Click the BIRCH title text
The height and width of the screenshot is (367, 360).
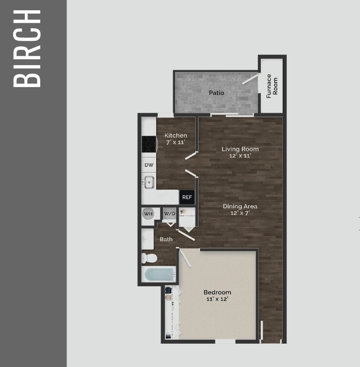coord(26,48)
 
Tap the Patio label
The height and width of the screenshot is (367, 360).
coord(216,92)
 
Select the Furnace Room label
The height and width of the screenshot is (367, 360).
coord(272,86)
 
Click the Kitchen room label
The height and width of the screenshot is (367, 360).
coord(176,136)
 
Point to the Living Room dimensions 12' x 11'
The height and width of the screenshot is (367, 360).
coord(240,156)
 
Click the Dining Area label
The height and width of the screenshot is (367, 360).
coord(240,206)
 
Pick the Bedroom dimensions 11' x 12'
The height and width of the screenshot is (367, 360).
coord(217,299)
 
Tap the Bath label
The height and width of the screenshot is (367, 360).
coord(166,239)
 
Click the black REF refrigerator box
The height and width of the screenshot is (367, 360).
coord(187,197)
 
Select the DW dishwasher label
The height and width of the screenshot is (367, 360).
coord(149,165)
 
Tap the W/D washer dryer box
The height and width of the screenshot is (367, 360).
coord(169,213)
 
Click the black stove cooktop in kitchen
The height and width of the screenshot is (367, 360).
coord(149,144)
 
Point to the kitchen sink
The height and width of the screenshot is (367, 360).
coord(149,182)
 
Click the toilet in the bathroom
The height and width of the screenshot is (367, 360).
coord(149,257)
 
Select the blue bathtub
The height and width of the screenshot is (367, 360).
coord(159,275)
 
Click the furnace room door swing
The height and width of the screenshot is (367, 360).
coord(251,79)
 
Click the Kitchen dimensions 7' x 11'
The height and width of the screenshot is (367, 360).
coord(176,142)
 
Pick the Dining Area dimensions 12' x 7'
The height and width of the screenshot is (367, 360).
coord(240,213)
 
